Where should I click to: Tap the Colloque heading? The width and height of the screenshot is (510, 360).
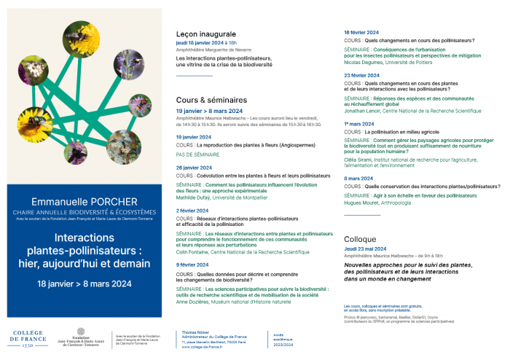(x=360, y=239)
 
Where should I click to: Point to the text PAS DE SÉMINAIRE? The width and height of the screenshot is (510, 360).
(x=198, y=154)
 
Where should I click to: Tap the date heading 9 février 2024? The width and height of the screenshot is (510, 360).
(x=192, y=265)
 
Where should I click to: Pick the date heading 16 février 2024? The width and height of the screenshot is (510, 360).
(x=361, y=32)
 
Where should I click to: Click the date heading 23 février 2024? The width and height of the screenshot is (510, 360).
(x=361, y=75)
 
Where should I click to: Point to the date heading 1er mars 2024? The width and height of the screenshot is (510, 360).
(x=358, y=123)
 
